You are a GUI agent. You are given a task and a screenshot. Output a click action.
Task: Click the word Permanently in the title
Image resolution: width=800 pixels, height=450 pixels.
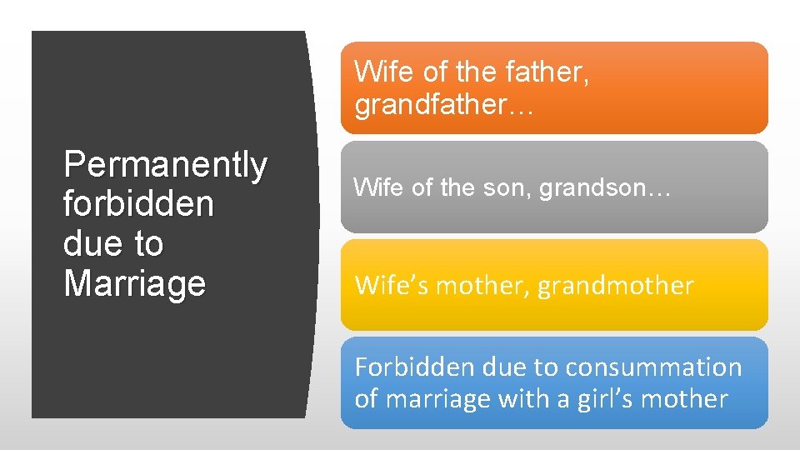165,165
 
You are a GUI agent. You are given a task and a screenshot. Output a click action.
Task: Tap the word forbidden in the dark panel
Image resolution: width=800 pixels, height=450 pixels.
137,204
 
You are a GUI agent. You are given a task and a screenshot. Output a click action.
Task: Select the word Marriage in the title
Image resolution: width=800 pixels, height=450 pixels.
134,283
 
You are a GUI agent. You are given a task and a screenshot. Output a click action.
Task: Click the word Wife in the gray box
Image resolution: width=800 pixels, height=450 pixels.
380,187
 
